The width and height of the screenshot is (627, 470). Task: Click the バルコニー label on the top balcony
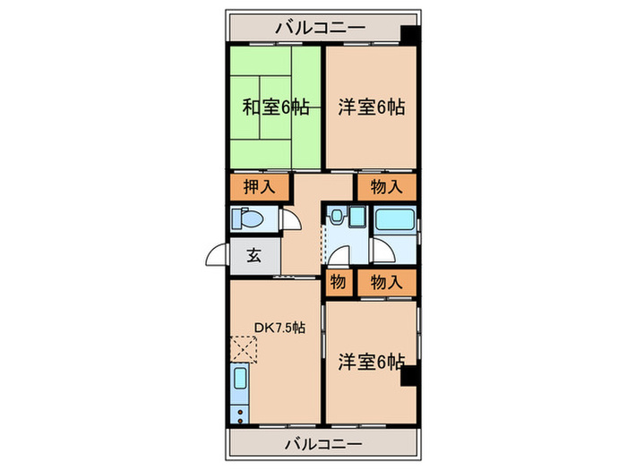click(320, 27)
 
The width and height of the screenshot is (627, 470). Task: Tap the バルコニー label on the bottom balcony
click(323, 443)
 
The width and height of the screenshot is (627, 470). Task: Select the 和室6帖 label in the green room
click(276, 107)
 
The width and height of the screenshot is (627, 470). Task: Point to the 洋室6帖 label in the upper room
click(372, 107)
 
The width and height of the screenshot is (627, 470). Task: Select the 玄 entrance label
click(253, 255)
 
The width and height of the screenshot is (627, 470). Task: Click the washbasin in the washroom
click(356, 217)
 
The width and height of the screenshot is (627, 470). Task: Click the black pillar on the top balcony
click(408, 35)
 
